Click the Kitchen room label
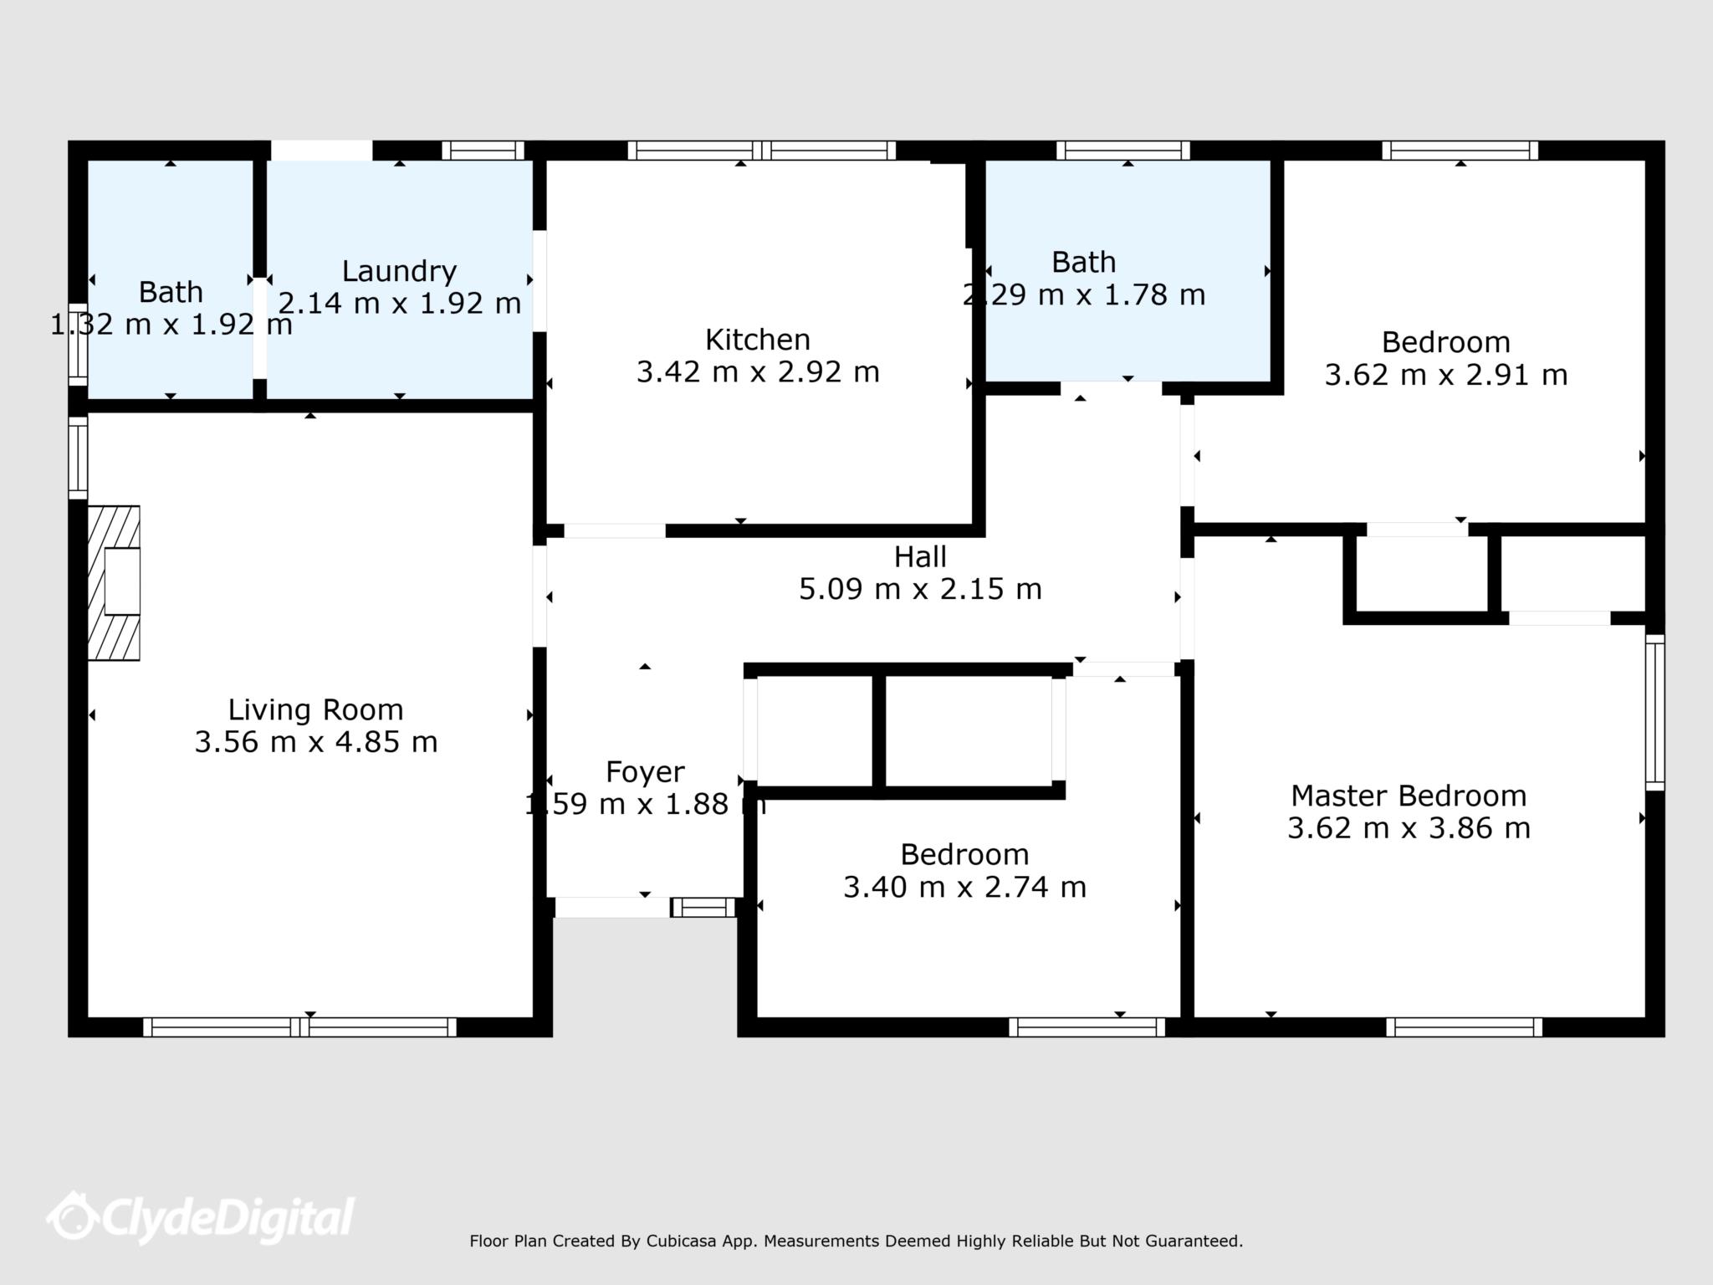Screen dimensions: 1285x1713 point(757,340)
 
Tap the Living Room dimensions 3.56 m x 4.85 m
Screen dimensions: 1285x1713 point(316,742)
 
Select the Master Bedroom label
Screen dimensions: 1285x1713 point(1409,796)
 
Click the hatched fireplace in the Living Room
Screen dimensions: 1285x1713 point(115,582)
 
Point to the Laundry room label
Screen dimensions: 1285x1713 point(399,271)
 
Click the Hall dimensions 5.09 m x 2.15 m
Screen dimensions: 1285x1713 point(920,589)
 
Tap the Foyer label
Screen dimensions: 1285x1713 point(645,771)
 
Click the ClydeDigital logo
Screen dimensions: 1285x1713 point(201,1217)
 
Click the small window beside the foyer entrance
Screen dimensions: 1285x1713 point(703,908)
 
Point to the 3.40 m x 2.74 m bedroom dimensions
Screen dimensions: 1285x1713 point(964,887)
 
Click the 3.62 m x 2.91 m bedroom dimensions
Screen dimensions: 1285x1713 point(1445,375)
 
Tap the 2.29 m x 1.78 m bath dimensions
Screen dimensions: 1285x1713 point(1084,294)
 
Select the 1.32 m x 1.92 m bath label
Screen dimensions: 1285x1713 point(171,292)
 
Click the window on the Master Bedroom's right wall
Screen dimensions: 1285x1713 point(1654,713)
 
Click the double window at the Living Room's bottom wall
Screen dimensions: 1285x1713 point(299,1026)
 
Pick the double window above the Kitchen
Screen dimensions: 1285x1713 point(761,151)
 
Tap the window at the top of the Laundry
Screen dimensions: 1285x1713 point(483,151)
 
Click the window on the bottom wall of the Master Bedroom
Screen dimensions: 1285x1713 point(1464,1026)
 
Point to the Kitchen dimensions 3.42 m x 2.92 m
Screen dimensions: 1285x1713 point(757,371)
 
